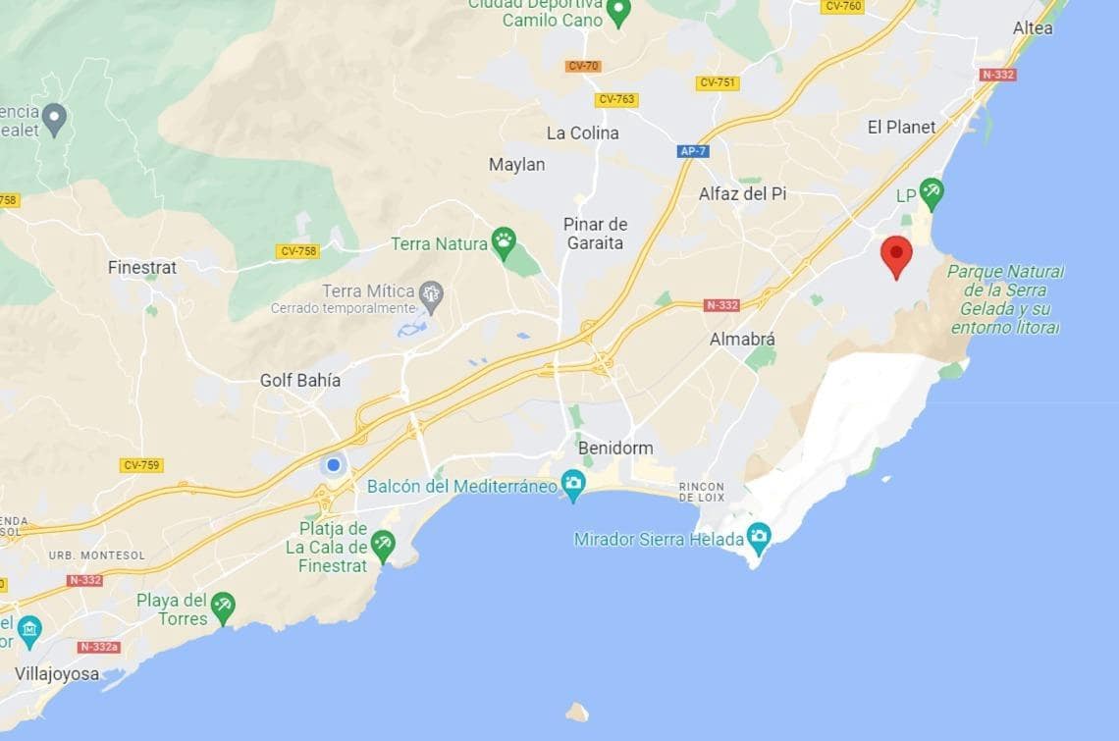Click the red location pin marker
(895, 254)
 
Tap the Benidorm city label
(615, 449)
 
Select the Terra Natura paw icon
(504, 241)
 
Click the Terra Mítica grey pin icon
(430, 292)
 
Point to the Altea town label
(1032, 28)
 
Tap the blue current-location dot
(334, 464)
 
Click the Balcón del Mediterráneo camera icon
(573, 483)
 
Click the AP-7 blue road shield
(692, 151)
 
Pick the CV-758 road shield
(298, 251)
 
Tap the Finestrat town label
(142, 267)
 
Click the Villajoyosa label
(57, 674)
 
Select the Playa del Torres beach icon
(224, 607)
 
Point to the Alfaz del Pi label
(742, 194)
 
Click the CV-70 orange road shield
(583, 67)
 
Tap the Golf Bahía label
(300, 380)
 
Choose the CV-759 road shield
(142, 465)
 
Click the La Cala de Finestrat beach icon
(383, 542)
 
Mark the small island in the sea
(577, 712)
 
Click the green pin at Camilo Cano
(617, 12)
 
